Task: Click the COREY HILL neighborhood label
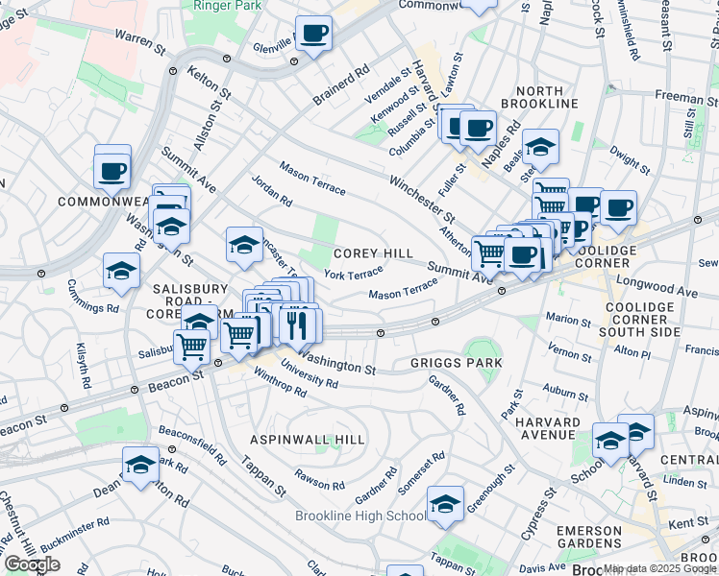373,253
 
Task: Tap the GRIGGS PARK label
456,363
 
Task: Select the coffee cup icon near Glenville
312,35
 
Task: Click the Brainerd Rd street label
341,85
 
